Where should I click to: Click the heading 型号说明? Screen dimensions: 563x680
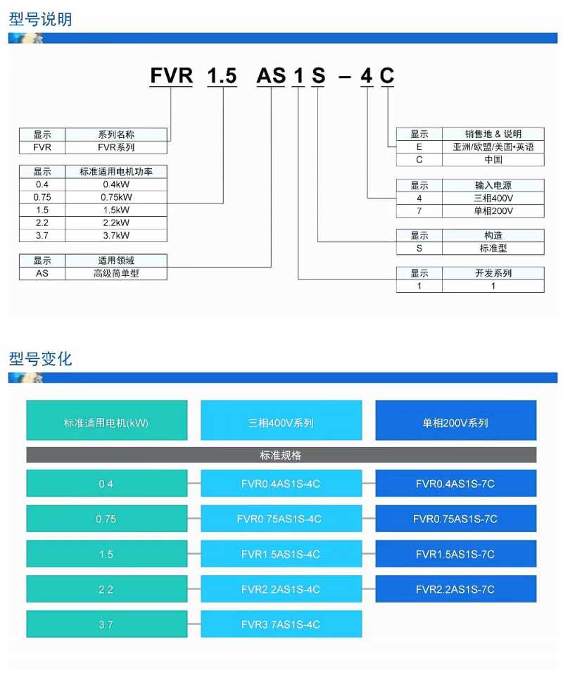pos(40,19)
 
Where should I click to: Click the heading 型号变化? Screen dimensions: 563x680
pos(40,358)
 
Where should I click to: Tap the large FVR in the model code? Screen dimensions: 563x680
pos(171,75)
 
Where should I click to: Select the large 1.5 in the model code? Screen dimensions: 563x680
pos(222,75)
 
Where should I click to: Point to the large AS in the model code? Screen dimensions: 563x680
pos(272,75)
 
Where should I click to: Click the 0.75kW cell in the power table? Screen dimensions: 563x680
pos(116,197)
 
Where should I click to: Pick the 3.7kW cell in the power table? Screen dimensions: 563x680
pos(116,236)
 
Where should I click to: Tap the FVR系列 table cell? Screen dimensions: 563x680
pos(116,147)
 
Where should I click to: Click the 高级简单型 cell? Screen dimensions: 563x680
pos(116,273)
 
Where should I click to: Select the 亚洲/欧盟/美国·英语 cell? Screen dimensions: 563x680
pos(493,147)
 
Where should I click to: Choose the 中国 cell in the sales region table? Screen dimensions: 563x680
pos(493,160)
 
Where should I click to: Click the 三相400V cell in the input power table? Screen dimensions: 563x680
pos(493,199)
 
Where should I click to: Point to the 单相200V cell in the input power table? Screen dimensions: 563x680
pos(493,210)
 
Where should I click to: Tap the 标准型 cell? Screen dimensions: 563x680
pos(493,248)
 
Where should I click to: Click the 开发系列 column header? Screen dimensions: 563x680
pos(493,273)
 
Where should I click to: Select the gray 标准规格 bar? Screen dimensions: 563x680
pos(281,455)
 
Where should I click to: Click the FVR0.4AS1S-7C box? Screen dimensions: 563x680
pos(455,484)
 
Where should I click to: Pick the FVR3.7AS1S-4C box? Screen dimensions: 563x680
pos(281,624)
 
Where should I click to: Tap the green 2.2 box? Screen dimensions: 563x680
pos(107,589)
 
